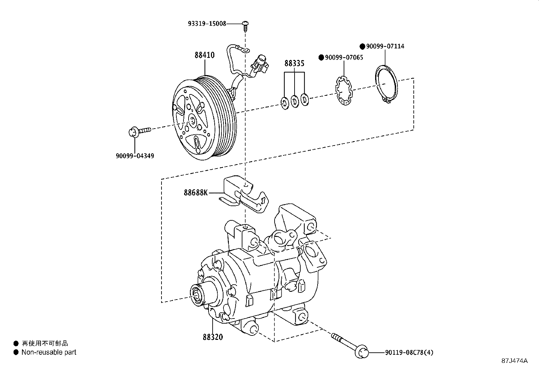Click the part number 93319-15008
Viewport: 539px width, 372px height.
207,24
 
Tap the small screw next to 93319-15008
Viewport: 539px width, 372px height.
246,25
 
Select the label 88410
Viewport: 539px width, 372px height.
204,55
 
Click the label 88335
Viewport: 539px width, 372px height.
294,63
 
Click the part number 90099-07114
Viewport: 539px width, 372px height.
385,46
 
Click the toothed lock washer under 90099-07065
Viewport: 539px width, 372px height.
343,91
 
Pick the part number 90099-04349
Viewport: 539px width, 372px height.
135,156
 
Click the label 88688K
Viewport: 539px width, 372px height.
196,193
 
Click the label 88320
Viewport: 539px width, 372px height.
213,337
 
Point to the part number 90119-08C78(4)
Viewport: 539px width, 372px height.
409,353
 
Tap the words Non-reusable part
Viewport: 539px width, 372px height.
49,352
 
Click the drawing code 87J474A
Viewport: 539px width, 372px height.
515,361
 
